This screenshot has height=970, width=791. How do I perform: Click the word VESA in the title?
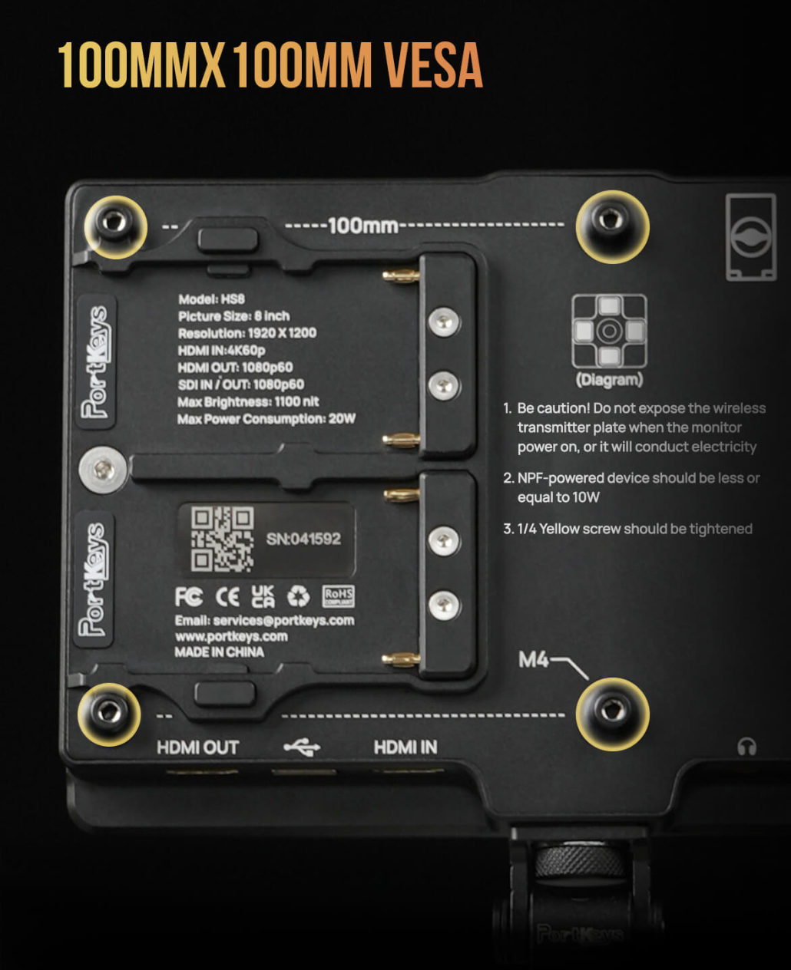tap(432, 64)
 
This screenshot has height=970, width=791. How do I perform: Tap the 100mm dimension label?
tap(362, 226)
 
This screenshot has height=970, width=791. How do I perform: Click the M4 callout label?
tap(533, 659)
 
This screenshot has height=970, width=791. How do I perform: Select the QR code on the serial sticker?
tap(223, 539)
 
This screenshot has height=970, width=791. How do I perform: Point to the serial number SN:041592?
tap(303, 539)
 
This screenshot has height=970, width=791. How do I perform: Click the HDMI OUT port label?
tap(198, 747)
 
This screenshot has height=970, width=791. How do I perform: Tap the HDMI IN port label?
tap(405, 747)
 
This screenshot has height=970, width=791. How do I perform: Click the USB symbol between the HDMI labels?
tap(302, 747)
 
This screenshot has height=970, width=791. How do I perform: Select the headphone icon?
tap(746, 747)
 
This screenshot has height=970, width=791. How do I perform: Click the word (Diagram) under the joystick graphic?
tap(609, 380)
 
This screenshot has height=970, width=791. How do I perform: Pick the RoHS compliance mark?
tap(339, 596)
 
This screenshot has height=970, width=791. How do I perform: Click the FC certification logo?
tap(189, 596)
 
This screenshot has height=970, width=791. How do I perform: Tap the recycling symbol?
tap(299, 596)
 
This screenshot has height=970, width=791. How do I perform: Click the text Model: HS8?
tap(211, 299)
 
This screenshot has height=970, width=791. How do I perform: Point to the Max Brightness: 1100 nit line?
tap(248, 401)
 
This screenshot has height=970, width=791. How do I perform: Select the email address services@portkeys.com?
tap(283, 620)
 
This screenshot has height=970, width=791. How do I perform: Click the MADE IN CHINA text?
tap(219, 652)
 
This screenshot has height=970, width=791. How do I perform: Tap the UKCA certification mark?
tap(263, 596)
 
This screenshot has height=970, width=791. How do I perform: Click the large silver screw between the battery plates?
tap(104, 470)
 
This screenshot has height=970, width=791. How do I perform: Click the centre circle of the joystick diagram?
tap(609, 331)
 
